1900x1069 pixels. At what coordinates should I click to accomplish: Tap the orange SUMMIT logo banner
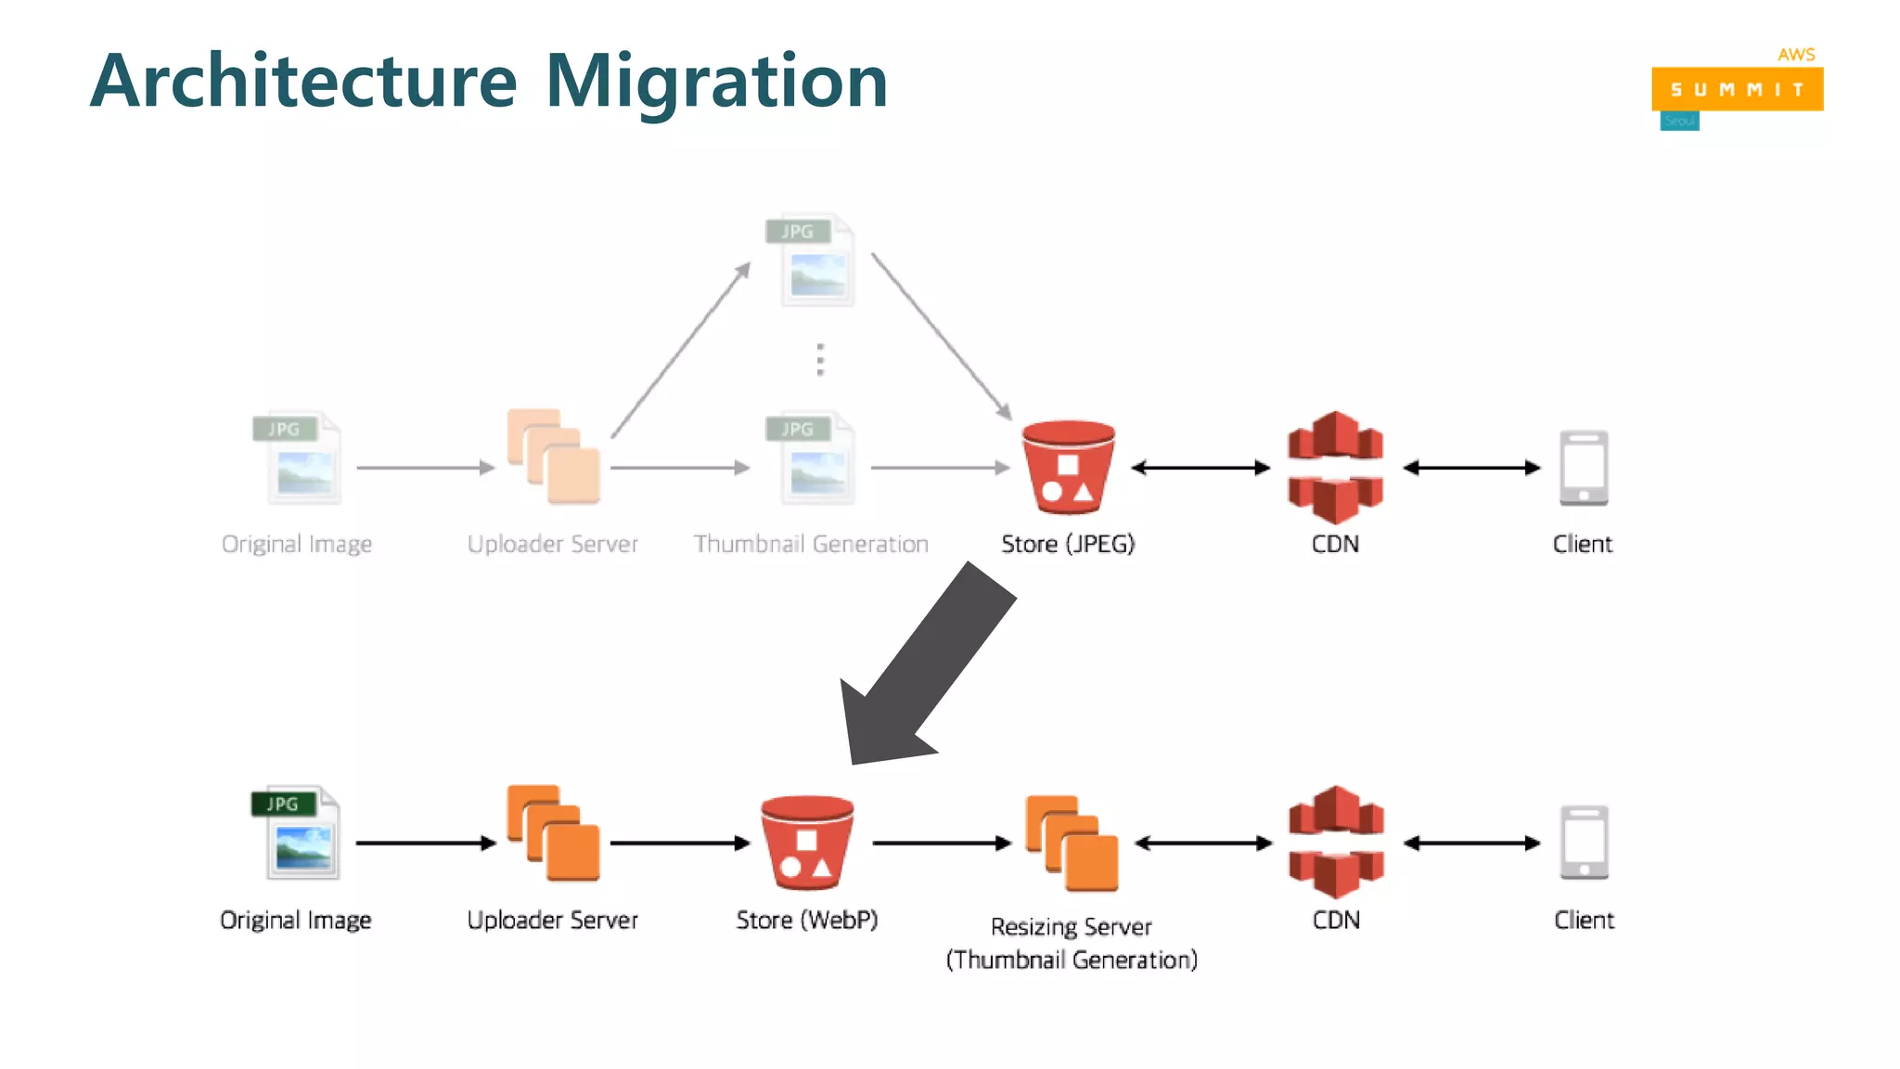[1737, 89]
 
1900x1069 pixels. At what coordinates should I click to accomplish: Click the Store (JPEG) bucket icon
[1068, 468]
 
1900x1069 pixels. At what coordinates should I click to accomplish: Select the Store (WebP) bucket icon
[806, 843]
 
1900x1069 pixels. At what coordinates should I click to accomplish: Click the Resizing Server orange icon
[1072, 843]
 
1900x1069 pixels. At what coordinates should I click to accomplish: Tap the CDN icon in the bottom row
[1336, 842]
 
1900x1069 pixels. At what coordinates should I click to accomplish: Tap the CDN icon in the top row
[1335, 467]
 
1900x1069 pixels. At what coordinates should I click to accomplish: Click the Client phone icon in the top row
[1583, 468]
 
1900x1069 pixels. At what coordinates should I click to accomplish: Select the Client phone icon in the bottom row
[1584, 843]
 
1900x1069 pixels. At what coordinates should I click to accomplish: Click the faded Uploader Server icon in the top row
[553, 457]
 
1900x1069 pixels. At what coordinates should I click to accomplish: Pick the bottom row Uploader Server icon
[553, 833]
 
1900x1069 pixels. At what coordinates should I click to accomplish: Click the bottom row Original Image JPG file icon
[297, 833]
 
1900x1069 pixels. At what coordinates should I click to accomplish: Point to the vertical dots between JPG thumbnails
[819, 359]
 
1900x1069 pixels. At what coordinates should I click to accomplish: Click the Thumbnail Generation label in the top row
[810, 544]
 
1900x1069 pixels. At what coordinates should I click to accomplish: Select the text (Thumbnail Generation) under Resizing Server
[1072, 960]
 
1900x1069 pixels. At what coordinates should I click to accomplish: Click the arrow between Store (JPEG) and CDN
[1200, 468]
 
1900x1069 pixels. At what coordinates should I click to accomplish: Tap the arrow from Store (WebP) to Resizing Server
[941, 843]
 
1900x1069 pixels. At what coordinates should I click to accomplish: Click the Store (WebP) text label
[806, 920]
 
